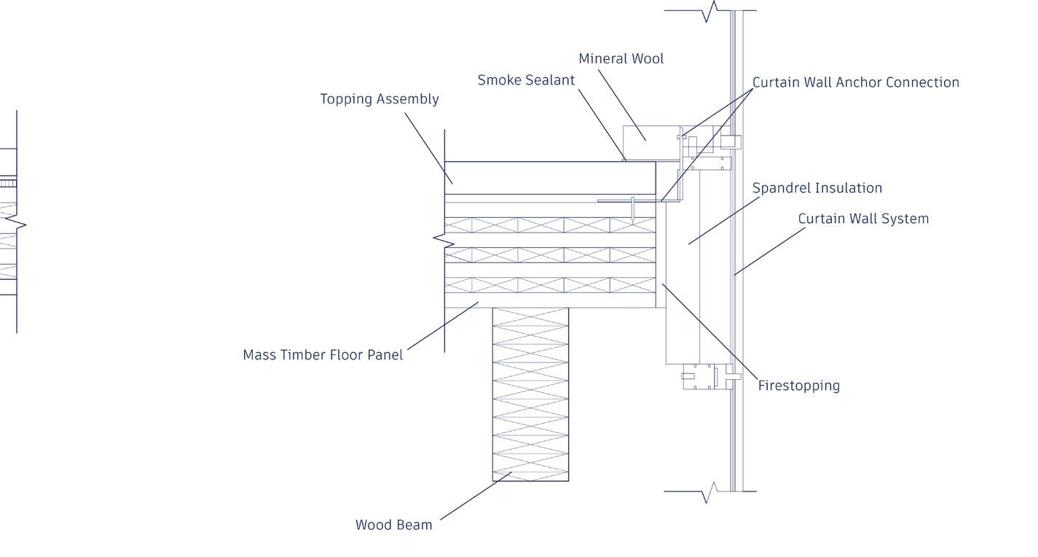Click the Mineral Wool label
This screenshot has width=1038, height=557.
coord(621,58)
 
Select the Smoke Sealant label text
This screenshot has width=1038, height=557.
coord(526,80)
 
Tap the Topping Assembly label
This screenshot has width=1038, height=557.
coord(379,99)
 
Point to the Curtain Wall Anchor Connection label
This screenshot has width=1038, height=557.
coord(855,82)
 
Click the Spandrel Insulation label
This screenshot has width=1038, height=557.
coord(817,188)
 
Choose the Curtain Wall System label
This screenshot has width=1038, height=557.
coord(863,219)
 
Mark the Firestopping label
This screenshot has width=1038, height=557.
coord(798,386)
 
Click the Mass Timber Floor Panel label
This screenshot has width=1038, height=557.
coord(323,355)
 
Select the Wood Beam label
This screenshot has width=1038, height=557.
coord(393,525)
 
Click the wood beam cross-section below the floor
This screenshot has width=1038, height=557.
coord(530,394)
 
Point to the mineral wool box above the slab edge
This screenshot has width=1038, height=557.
coord(650,142)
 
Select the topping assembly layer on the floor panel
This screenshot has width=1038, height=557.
coord(550,178)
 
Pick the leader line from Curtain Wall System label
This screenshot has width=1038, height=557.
coord(770,251)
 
